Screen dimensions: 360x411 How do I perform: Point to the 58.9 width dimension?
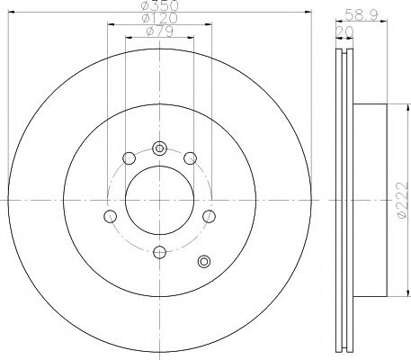360,13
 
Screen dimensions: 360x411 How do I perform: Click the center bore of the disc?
159,200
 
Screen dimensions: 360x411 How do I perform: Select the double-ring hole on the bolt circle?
159,148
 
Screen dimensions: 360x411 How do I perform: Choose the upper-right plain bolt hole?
190,158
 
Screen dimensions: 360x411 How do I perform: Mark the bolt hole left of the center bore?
110,216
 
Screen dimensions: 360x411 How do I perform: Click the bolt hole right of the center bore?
209,216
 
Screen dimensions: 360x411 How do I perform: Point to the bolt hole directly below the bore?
159,252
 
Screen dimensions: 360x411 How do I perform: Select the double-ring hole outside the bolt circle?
203,262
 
